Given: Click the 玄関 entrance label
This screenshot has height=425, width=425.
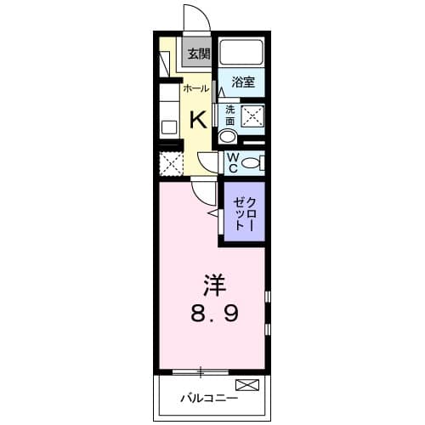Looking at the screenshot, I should click(x=198, y=54).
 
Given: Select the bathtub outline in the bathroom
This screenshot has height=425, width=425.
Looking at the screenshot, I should click(x=241, y=54).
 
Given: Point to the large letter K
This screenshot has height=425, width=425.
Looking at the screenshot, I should click(x=196, y=117).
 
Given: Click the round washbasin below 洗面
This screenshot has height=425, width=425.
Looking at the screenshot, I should click(x=228, y=138).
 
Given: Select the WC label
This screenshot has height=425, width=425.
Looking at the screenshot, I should click(x=230, y=161).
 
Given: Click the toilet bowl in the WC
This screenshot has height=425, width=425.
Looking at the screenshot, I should click(x=252, y=163).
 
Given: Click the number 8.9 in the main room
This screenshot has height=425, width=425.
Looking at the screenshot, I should click(x=213, y=312).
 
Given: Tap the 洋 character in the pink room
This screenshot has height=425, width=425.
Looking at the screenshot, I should click(x=213, y=282).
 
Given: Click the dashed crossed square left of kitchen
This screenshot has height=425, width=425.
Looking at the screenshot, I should click(x=171, y=164).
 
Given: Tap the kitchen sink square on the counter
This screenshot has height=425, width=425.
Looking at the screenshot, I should click(x=168, y=127).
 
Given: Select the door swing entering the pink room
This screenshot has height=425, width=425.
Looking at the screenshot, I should click(x=201, y=192).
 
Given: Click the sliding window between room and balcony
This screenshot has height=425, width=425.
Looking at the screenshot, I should click(x=201, y=371).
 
